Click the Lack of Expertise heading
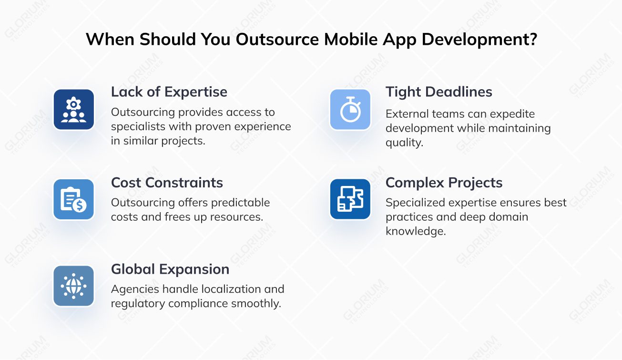click(x=169, y=92)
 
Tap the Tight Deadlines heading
click(x=438, y=92)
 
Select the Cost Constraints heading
click(x=167, y=183)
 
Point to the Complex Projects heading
click(x=444, y=183)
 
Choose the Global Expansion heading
click(x=170, y=269)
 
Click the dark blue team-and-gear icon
click(x=73, y=110)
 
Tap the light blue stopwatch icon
click(x=350, y=110)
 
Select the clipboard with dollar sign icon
click(x=73, y=199)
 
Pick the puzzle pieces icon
click(x=350, y=199)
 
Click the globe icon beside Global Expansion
click(x=73, y=286)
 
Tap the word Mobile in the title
click(x=350, y=39)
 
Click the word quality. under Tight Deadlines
click(x=404, y=143)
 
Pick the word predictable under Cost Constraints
click(x=241, y=203)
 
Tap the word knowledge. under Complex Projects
click(x=416, y=231)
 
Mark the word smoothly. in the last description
click(x=256, y=304)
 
